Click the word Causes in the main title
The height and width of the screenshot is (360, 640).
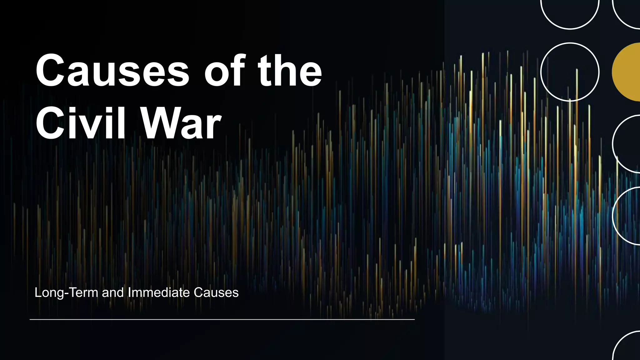click(x=112, y=71)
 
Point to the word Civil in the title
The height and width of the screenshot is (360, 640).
click(x=81, y=123)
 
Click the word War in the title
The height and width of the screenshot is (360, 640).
click(x=181, y=123)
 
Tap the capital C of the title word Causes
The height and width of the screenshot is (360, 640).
click(x=52, y=71)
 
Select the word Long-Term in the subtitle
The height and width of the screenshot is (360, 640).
click(x=66, y=293)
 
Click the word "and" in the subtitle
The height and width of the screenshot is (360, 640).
click(x=113, y=293)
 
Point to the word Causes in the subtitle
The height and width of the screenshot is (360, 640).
click(x=216, y=293)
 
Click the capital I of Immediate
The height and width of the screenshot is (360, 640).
click(x=129, y=292)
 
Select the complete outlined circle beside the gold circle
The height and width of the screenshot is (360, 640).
click(x=570, y=72)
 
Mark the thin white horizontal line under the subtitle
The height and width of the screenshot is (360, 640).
click(x=222, y=319)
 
